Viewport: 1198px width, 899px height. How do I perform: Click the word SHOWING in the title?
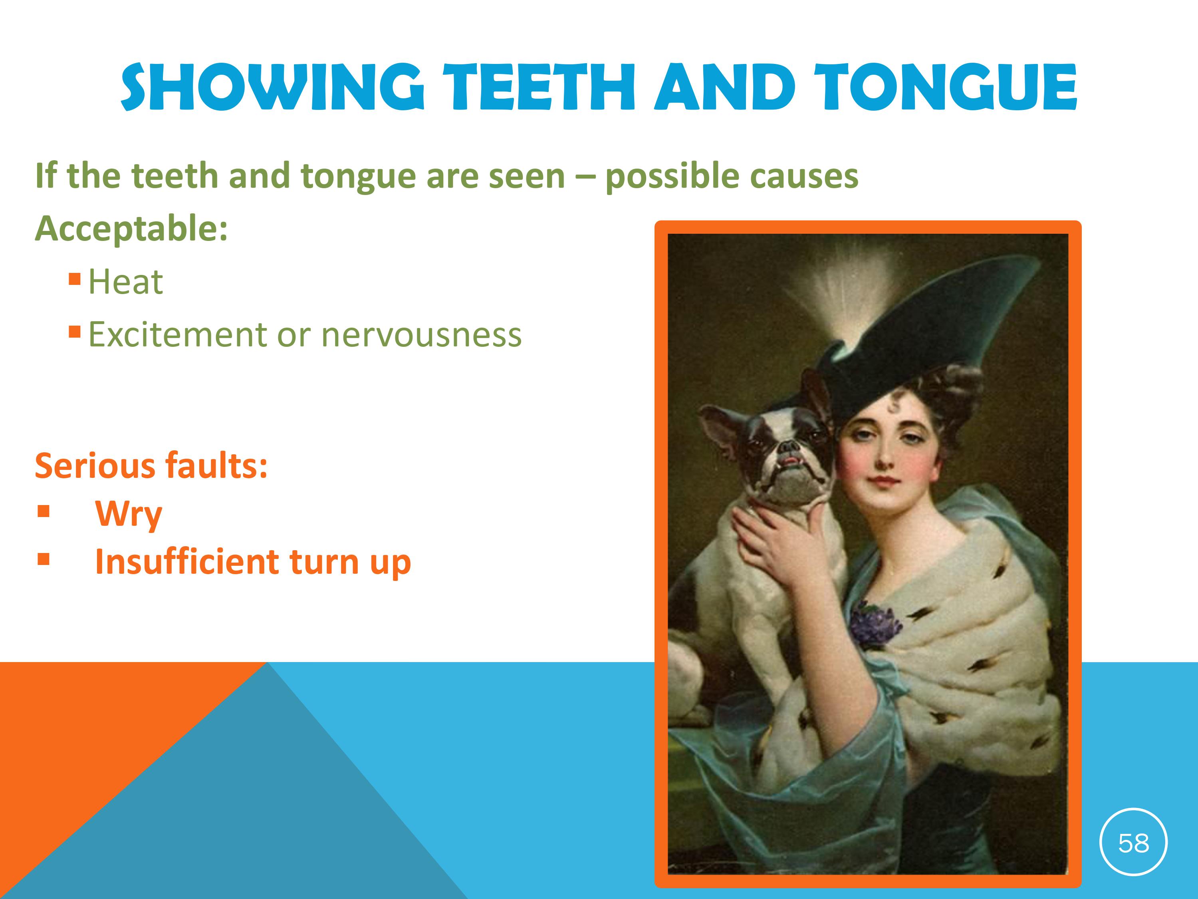pyautogui.click(x=272, y=87)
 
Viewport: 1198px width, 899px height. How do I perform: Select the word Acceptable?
pyautogui.click(x=131, y=229)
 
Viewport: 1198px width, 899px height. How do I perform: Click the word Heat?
pyautogui.click(x=125, y=282)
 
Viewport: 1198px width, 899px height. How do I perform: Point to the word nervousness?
pyautogui.click(x=421, y=334)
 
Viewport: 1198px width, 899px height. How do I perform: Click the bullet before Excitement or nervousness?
pyautogui.click(x=75, y=330)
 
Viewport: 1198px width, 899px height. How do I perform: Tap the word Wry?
pyautogui.click(x=128, y=514)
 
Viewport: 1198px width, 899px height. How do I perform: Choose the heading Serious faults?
pyautogui.click(x=151, y=465)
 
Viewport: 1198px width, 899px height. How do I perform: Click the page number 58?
pyautogui.click(x=1134, y=843)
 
